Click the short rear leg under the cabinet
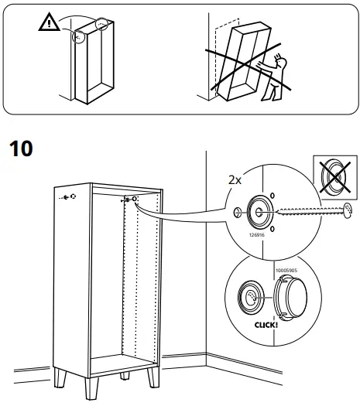click(x=124, y=375)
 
